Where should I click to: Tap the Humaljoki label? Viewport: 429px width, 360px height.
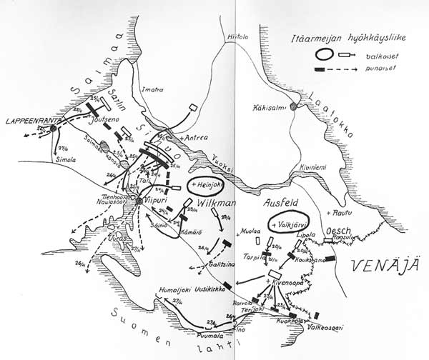(x=175, y=291)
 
